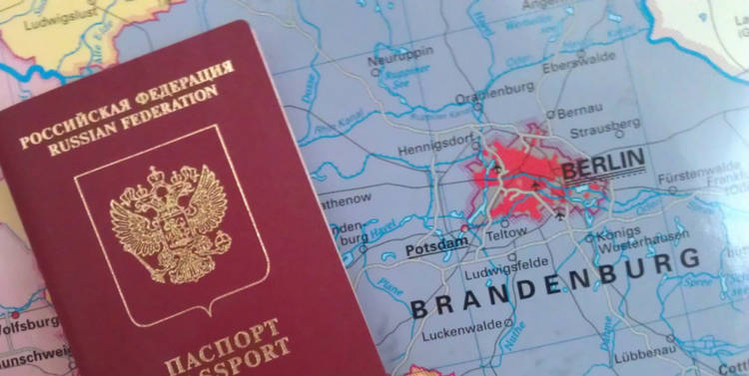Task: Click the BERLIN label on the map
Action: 603,164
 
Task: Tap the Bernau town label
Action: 578,113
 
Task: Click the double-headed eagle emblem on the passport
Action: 170,223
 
